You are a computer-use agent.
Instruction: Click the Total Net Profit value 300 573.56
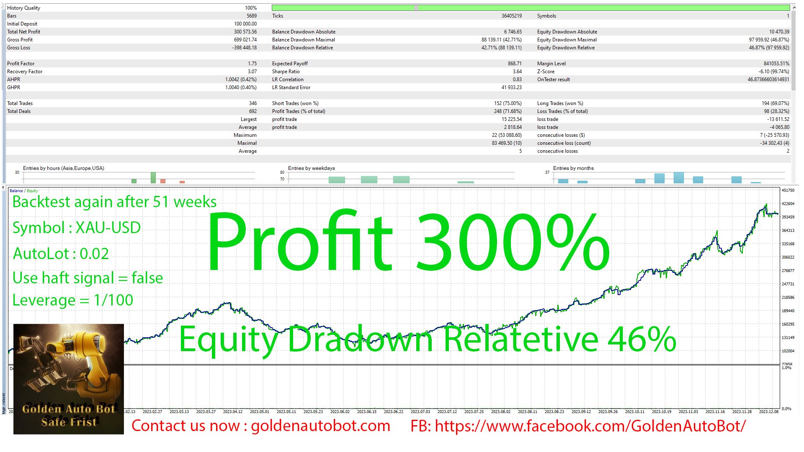pos(245,32)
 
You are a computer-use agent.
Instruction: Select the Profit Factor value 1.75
pos(252,64)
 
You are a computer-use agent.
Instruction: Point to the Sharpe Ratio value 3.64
pos(517,72)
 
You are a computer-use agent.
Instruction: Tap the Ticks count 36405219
pos(511,16)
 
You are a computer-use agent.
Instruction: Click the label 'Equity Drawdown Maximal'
pos(567,40)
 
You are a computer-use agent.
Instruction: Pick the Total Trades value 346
pos(253,103)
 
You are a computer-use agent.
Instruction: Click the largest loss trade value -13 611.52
pos(778,119)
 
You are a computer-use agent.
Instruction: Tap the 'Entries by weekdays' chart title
pos(311,168)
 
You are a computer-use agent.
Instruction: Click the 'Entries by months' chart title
pos(573,168)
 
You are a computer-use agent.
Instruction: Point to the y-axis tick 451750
pos(788,190)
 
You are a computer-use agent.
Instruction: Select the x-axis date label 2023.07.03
pos(420,412)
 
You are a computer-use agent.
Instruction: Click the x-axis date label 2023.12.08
pos(768,412)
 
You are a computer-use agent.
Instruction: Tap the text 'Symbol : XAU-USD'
pos(77,228)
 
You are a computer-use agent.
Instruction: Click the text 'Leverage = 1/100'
pos(73,300)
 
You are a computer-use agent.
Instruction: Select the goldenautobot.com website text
pos(320,426)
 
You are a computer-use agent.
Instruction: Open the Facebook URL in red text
pos(590,426)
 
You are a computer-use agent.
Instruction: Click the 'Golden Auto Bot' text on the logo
pos(68,409)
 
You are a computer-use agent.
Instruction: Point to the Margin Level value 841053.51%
pos(776,64)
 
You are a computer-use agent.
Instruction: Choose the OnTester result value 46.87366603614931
pos(768,80)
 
